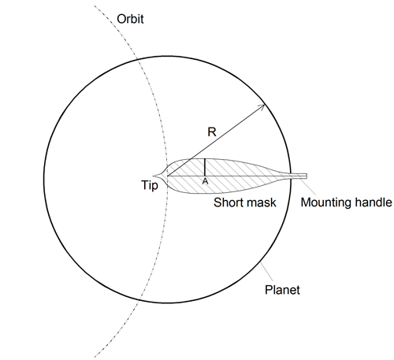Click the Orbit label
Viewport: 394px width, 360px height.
(130, 19)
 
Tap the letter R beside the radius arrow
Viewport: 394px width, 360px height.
(212, 132)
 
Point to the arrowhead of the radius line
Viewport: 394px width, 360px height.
(262, 107)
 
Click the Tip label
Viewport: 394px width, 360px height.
(150, 185)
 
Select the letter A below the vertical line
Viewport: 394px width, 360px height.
(205, 181)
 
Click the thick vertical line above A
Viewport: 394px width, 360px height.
(205, 167)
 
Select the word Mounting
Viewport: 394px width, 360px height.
(325, 203)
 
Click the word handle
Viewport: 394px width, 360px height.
(371, 202)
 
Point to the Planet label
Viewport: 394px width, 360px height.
(282, 290)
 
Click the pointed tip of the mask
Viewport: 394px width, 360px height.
(153, 176)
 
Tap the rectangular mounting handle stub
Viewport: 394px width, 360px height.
(299, 176)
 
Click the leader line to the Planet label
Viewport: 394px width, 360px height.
(266, 271)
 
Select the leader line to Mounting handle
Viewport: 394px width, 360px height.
(307, 187)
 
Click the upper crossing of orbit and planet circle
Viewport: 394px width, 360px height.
(138, 61)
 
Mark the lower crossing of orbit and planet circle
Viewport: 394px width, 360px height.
(139, 299)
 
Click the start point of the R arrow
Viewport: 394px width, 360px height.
(168, 176)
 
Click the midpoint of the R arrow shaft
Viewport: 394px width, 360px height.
(216, 140)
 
